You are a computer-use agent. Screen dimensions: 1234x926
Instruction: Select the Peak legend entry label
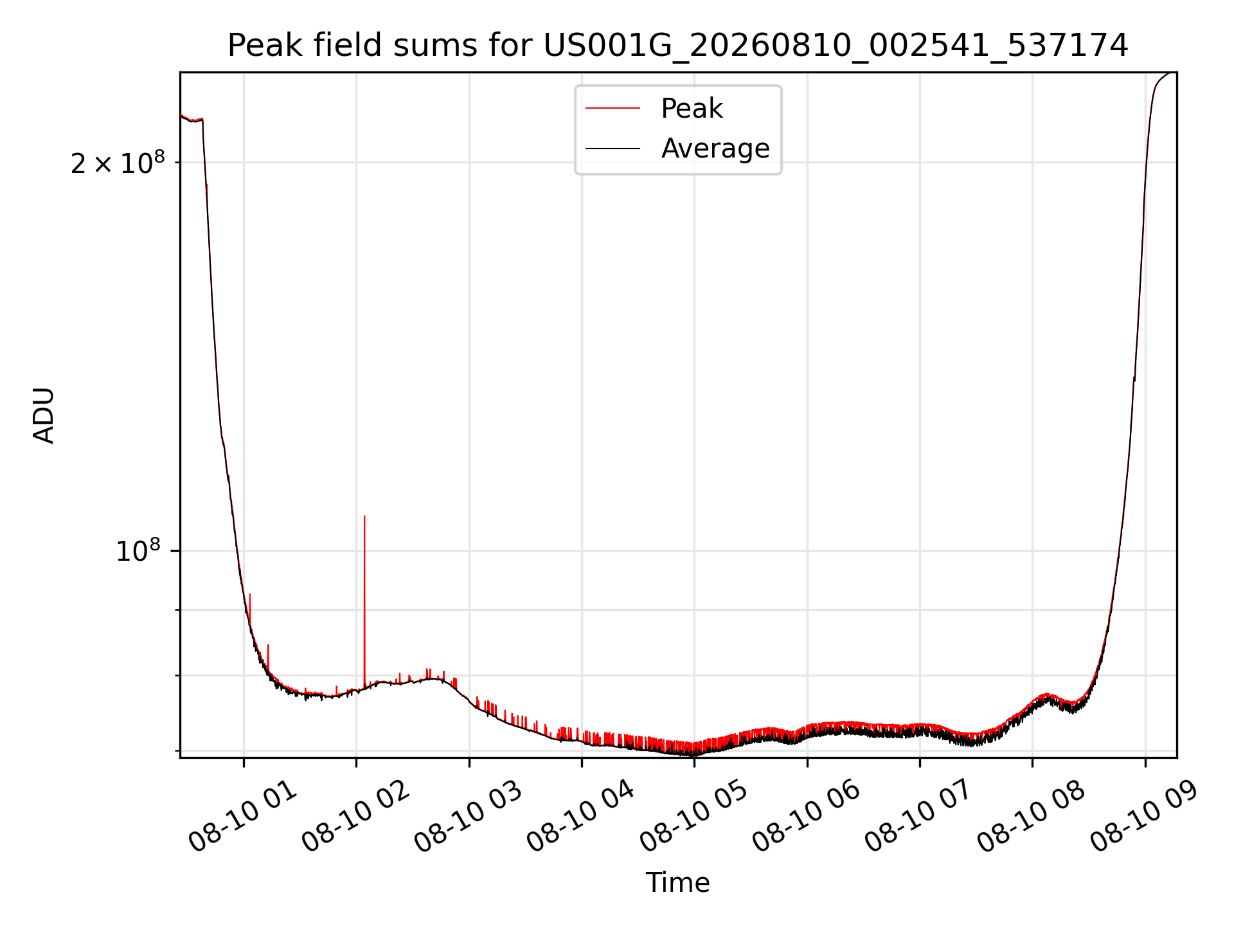point(692,109)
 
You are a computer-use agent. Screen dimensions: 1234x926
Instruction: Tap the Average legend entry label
point(715,149)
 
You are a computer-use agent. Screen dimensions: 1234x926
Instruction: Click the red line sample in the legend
point(613,109)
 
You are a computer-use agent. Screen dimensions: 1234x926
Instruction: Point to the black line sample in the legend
point(613,149)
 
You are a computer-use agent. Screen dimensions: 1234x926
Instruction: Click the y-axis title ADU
point(44,415)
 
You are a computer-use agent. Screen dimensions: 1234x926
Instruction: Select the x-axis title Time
point(678,883)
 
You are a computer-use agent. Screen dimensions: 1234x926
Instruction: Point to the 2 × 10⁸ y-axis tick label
point(118,163)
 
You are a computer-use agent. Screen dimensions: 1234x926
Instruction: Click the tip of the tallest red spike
point(364,516)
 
